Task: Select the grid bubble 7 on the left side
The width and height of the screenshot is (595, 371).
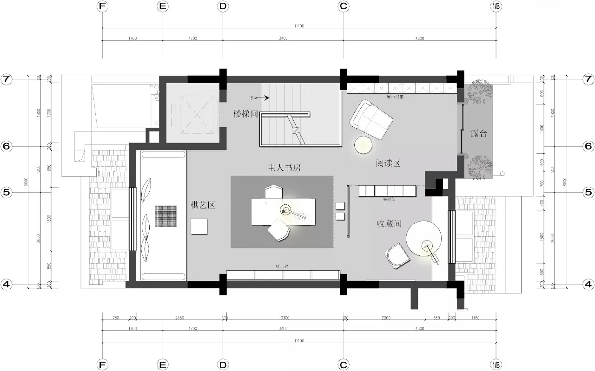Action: point(6,79)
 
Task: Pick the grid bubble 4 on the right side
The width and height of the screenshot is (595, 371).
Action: point(588,284)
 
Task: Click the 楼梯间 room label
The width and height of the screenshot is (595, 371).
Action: point(245,113)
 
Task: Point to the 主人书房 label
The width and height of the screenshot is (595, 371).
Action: point(284,168)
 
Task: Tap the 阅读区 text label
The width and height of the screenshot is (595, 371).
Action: point(388,163)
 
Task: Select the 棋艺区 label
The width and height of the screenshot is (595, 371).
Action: point(203,205)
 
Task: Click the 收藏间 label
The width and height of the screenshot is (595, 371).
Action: point(389,224)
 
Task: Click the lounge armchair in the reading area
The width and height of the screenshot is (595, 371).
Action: point(372,120)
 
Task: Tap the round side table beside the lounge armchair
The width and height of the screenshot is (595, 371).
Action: point(364,145)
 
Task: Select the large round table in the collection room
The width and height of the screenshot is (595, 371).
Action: point(423,238)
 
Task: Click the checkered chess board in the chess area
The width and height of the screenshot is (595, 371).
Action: point(166,216)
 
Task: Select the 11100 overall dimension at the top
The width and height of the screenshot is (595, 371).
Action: point(299,26)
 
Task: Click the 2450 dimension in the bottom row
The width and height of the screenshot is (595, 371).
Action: point(179,318)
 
